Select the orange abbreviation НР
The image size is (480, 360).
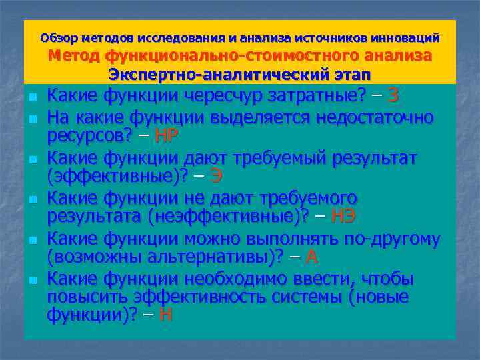166,136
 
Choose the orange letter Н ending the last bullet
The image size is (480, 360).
166,315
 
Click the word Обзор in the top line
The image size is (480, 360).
58,38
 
